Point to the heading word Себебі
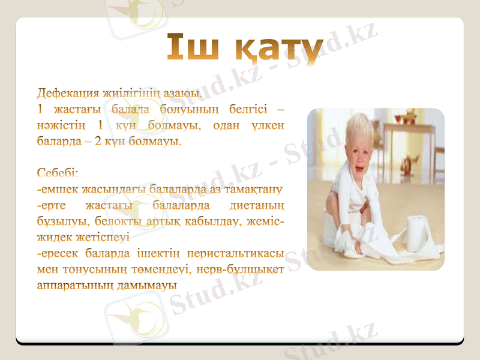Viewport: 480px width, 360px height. click(58, 174)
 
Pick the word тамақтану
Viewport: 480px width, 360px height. click(253, 192)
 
